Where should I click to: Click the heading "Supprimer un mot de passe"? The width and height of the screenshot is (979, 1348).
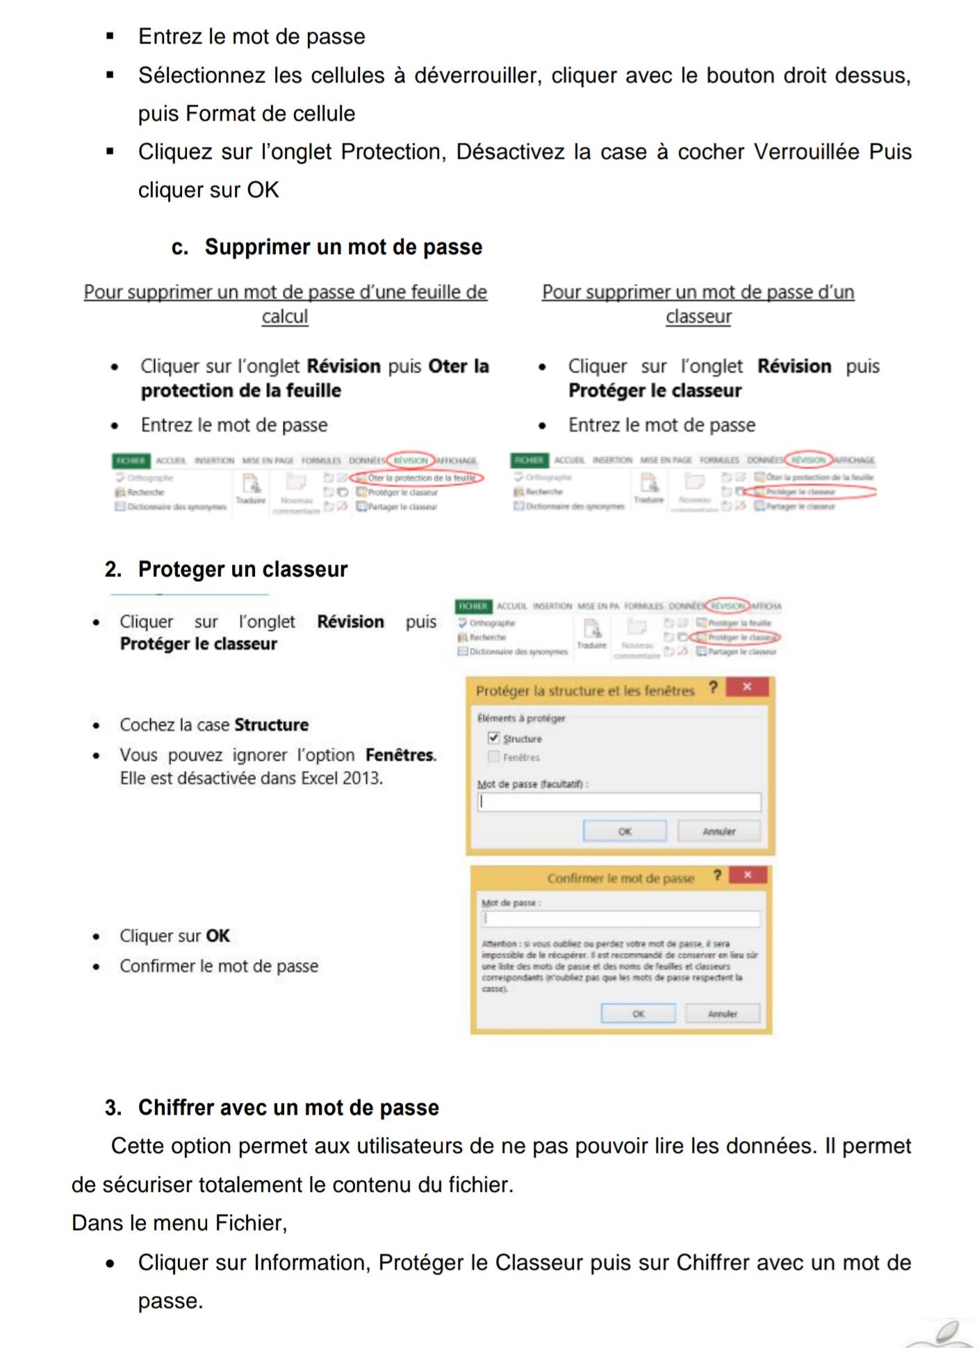pos(343,247)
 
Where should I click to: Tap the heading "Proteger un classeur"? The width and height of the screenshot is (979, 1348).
pos(242,569)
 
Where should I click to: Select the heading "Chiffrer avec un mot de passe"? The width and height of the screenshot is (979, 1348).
pos(288,1108)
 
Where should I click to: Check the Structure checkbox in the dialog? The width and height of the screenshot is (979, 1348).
pos(494,738)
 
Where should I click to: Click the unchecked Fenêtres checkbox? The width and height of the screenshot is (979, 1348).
pos(494,756)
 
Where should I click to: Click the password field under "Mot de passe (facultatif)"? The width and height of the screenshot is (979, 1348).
pos(619,802)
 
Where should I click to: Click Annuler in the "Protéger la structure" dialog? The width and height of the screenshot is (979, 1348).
pos(718,831)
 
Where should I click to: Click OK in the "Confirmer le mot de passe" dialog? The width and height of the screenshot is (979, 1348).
pos(638,1014)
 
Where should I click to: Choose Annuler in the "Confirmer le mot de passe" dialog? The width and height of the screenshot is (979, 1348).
pos(722,1014)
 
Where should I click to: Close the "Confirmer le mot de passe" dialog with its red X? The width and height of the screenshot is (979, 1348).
pos(748,875)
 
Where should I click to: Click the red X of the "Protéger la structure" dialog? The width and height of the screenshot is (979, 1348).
pos(747,687)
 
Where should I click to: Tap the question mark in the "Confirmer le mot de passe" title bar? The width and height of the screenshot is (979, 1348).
pos(717,876)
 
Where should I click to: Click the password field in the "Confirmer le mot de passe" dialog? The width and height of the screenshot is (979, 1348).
pos(620,919)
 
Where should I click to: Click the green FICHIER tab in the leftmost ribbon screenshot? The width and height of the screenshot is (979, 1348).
pos(130,460)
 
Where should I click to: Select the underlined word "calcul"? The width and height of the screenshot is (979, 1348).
pos(285,317)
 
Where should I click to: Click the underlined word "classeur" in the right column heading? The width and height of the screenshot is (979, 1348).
pos(698,317)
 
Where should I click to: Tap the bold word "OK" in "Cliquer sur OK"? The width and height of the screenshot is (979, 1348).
pos(217,936)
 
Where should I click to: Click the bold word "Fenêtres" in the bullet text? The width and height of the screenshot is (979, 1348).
pos(400,755)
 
